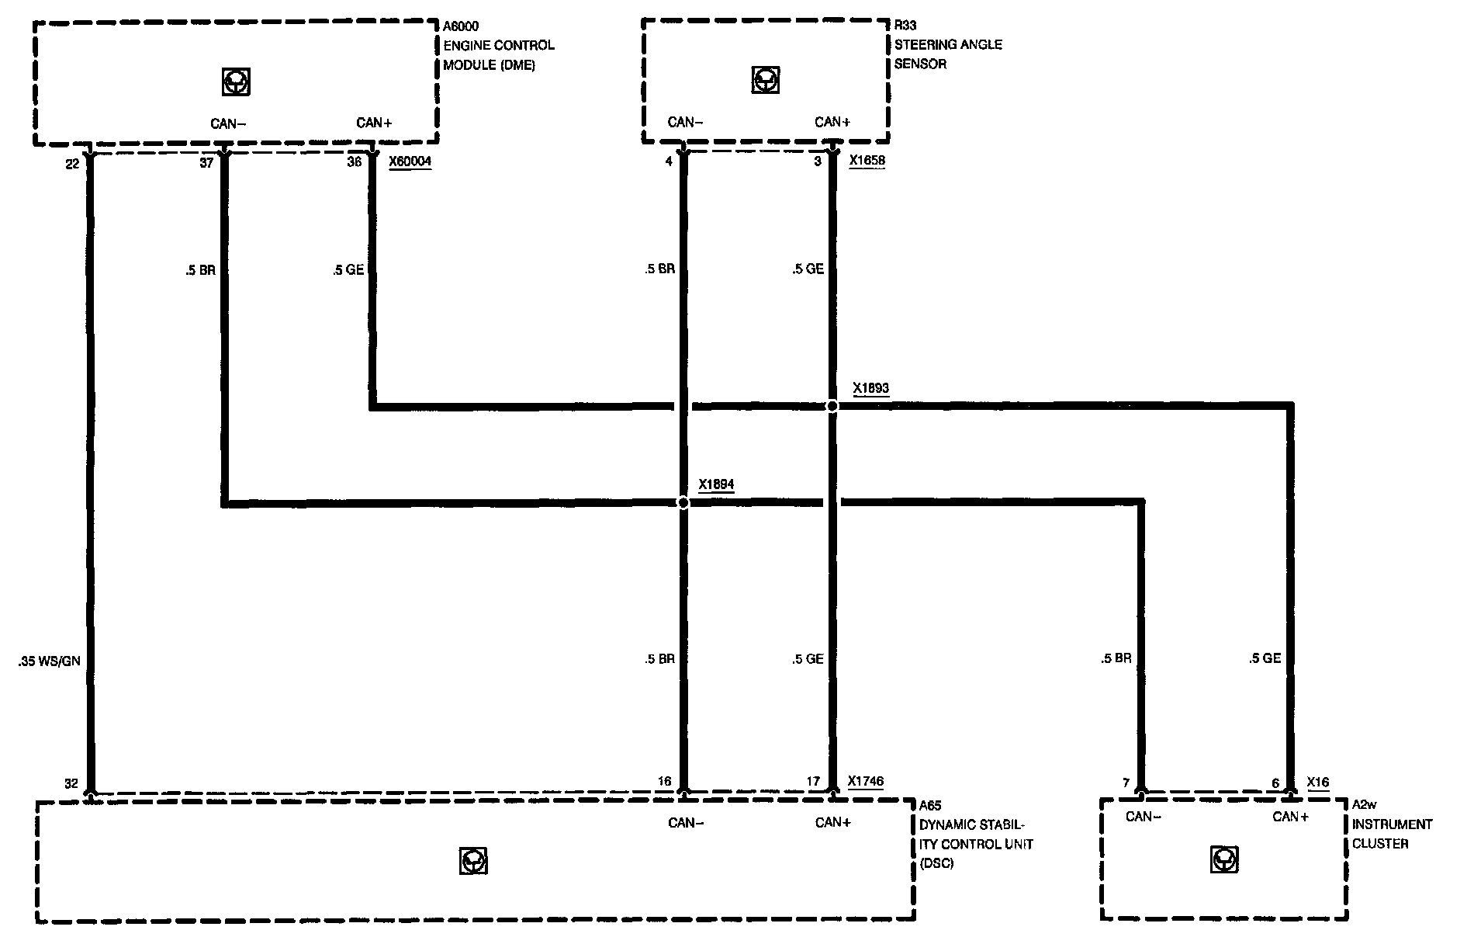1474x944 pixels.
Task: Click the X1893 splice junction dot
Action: (832, 406)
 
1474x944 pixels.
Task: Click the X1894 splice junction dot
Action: (683, 503)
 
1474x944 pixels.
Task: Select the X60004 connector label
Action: (410, 162)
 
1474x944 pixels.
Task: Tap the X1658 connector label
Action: (867, 161)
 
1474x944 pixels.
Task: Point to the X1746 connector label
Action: (865, 782)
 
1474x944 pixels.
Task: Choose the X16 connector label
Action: (1318, 783)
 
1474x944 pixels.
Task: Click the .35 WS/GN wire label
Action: (49, 662)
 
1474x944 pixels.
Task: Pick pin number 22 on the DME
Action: (72, 164)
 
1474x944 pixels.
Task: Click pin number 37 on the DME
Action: (206, 164)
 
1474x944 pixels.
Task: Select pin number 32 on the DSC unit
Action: (71, 783)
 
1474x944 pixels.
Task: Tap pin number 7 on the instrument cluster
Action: (1126, 783)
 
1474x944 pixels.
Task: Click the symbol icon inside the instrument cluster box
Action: (1224, 860)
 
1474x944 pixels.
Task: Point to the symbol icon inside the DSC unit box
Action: (473, 862)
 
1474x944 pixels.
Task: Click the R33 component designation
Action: (905, 26)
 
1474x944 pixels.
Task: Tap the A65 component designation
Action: (930, 806)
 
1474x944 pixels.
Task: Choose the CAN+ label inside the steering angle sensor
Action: (832, 122)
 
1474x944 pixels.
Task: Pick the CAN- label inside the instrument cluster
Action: (1144, 817)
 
